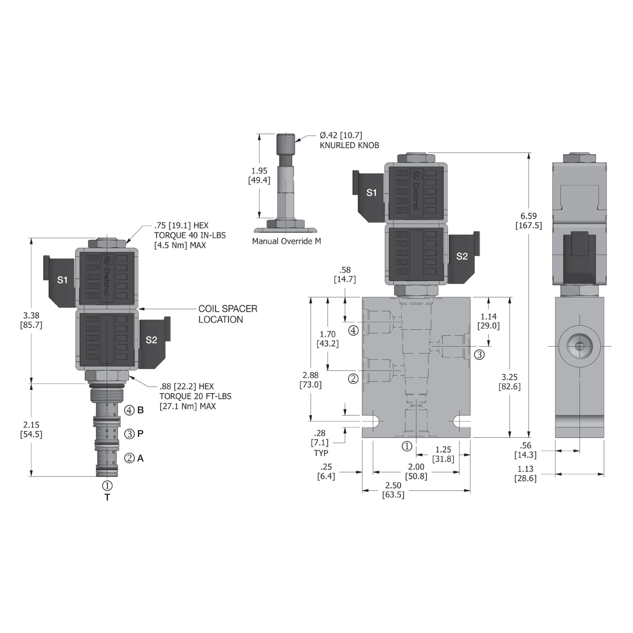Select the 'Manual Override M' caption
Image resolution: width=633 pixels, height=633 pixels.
point(286,241)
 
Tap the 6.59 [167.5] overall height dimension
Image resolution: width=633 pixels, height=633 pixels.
point(528,221)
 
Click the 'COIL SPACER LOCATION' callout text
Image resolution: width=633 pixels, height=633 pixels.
point(227,314)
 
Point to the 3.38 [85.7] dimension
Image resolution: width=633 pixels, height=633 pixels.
point(31,320)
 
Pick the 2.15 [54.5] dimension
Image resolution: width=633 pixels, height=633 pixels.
point(31,430)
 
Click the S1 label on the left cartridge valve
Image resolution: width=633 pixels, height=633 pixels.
point(62,280)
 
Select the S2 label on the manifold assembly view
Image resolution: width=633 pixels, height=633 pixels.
point(462,256)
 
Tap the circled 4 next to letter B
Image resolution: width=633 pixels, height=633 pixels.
point(129,410)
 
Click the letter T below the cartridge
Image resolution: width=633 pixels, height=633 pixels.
point(107,497)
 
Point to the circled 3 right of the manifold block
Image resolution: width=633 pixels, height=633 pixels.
point(479,355)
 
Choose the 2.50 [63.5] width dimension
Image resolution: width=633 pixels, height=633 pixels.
point(393,490)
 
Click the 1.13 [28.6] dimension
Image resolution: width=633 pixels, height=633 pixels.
point(525,473)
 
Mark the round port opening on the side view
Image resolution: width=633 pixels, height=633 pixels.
point(579,347)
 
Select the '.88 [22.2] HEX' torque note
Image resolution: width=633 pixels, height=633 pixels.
point(195,396)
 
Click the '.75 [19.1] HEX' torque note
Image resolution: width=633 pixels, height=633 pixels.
point(190,235)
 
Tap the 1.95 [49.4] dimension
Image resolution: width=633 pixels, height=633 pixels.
point(259,175)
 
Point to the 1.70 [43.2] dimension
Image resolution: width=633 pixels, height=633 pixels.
point(327,339)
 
